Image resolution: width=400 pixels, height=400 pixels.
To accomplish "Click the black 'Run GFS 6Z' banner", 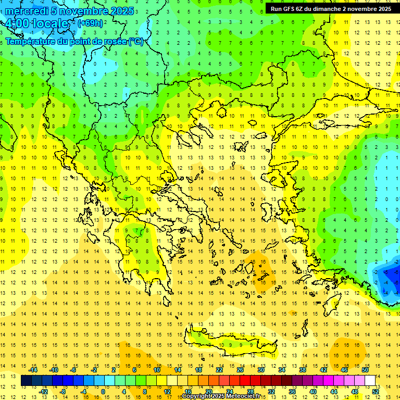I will (331, 8).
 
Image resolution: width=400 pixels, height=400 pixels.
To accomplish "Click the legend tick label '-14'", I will (33, 370).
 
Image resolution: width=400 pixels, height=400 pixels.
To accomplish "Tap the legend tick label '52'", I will (376, 392).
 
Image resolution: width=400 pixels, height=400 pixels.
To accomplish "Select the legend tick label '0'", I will (103, 392).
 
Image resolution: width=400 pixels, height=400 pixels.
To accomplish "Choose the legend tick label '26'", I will (240, 370).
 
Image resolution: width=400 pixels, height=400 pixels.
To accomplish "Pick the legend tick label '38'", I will (303, 370).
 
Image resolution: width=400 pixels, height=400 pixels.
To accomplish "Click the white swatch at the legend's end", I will (370, 381).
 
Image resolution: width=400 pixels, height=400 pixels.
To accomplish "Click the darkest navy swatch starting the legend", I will (26, 381).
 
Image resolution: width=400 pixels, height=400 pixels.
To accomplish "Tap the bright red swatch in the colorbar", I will (245, 381).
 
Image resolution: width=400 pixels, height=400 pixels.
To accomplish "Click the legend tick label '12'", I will (167, 392).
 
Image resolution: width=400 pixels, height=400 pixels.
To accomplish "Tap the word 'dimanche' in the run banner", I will (326, 9).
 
